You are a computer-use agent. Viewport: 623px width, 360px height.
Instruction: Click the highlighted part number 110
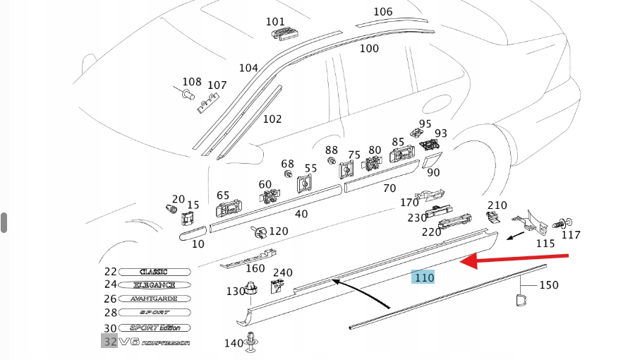[423, 277]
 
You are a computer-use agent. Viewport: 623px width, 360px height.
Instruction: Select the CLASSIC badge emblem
[155, 272]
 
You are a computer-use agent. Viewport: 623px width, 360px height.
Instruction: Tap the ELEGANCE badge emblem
[155, 285]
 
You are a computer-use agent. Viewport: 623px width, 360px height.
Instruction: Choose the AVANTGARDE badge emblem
[155, 299]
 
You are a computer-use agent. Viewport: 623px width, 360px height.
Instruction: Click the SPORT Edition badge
[155, 328]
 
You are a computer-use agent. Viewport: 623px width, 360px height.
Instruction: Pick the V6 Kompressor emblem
[155, 342]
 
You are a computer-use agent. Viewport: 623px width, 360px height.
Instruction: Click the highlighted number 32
[109, 342]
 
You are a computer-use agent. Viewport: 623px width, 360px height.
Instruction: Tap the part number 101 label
[275, 22]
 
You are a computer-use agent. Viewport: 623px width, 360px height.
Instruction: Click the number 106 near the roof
[383, 12]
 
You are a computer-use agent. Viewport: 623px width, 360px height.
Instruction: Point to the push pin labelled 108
[188, 94]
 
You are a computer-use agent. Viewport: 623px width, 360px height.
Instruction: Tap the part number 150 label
[548, 285]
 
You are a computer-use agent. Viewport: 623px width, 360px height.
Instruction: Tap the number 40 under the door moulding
[301, 213]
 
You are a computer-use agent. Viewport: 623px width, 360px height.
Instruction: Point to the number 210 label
[497, 205]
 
